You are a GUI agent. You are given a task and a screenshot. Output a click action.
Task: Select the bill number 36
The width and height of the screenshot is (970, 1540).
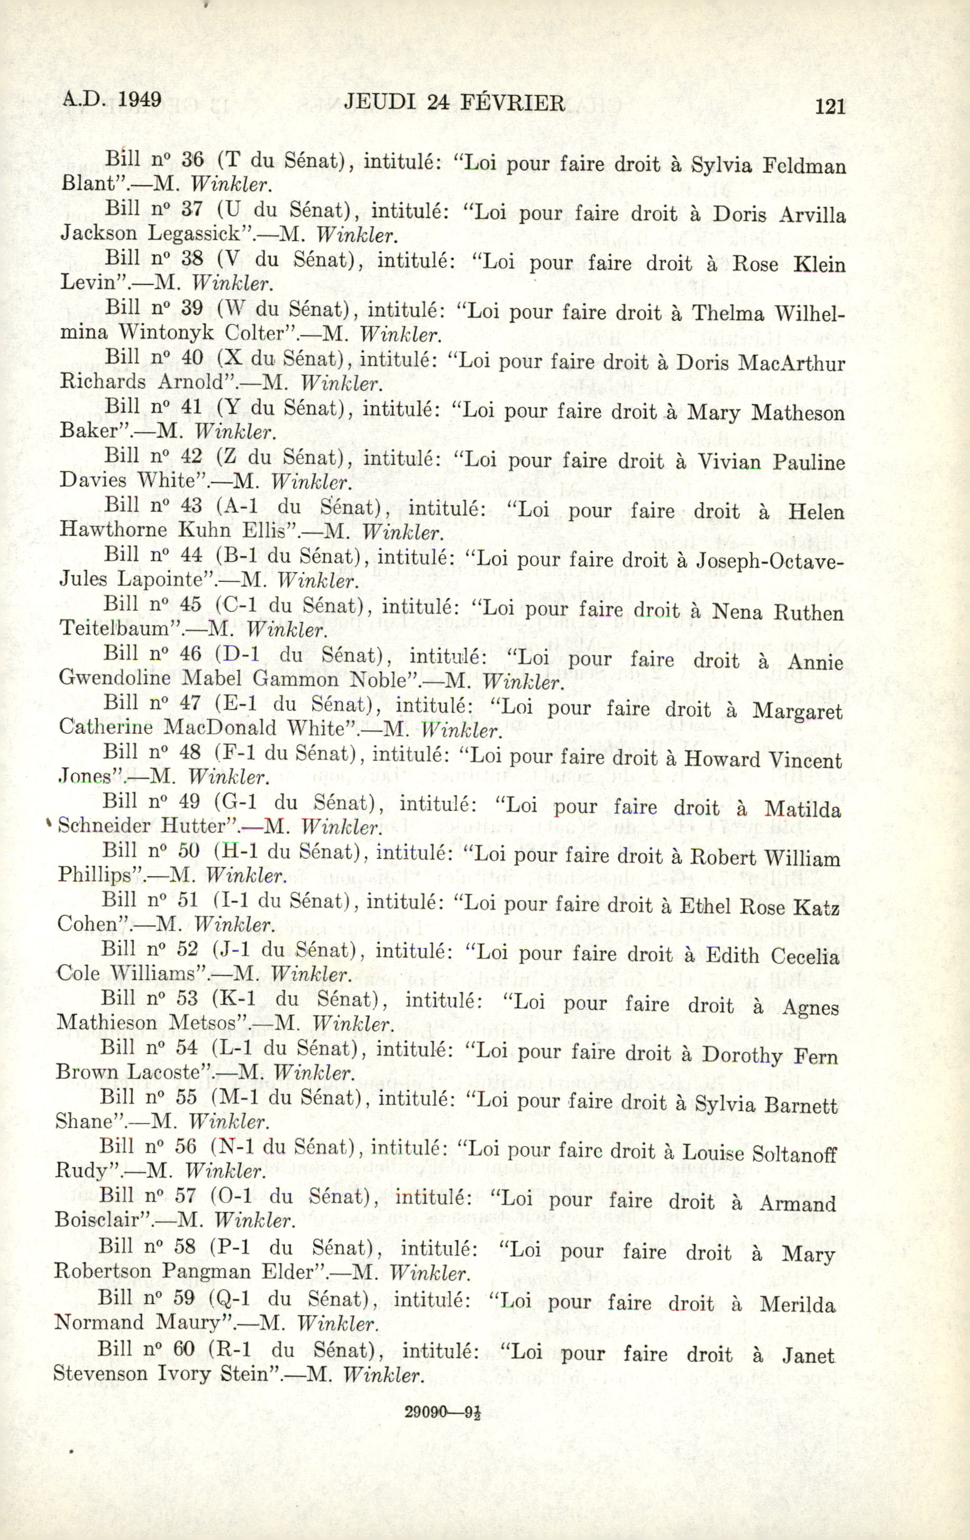point(192,159)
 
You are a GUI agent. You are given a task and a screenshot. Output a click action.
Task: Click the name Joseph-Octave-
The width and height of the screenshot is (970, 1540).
point(769,562)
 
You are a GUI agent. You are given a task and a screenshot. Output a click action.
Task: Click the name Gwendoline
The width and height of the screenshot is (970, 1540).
point(117,678)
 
